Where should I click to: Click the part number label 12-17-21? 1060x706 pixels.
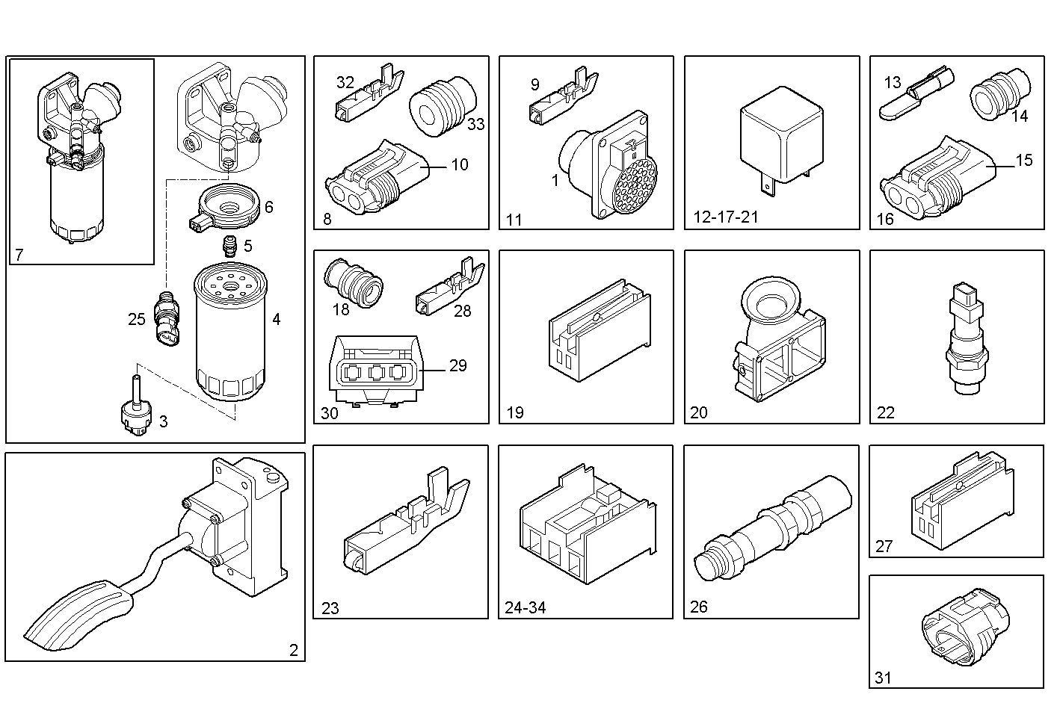(x=725, y=217)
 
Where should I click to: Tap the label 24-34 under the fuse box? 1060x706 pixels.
(x=526, y=607)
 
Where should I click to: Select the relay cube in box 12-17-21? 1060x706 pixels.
(x=781, y=140)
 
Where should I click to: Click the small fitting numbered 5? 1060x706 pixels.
(x=229, y=246)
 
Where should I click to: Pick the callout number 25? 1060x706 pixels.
(x=136, y=320)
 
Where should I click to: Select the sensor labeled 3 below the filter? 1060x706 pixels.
(x=136, y=406)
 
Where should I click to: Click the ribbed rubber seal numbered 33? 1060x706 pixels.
(x=443, y=106)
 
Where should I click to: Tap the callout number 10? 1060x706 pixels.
(x=460, y=164)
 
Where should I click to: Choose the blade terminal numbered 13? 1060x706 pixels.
(x=916, y=93)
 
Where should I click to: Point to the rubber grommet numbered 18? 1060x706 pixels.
(x=354, y=283)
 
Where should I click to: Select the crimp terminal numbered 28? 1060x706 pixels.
(x=451, y=286)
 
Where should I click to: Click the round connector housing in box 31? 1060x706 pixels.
(x=965, y=627)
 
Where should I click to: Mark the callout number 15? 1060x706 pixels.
(x=1024, y=161)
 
